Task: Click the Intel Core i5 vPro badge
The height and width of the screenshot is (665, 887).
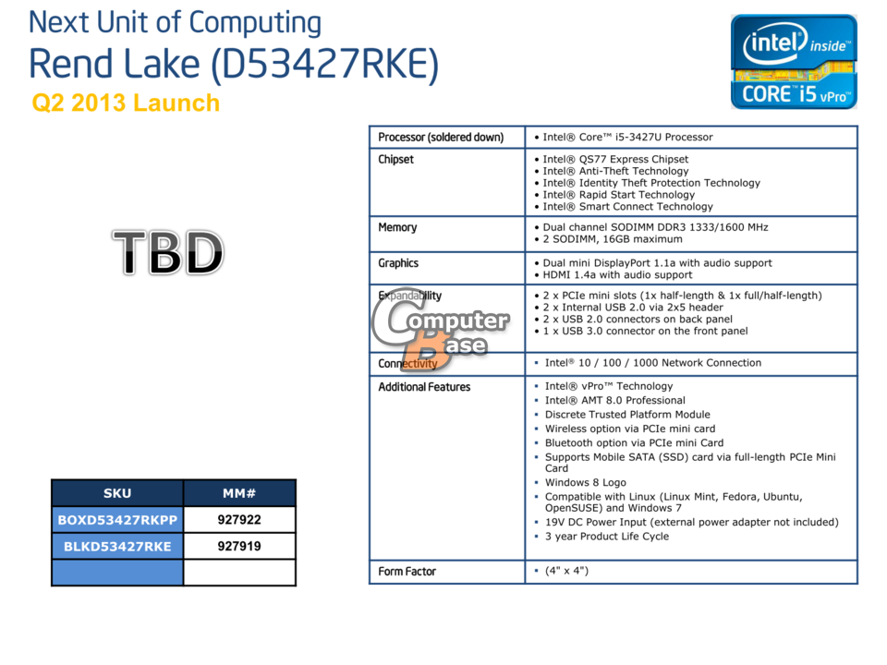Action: click(x=794, y=62)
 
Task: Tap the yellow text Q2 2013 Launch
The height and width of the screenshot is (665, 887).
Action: click(x=126, y=103)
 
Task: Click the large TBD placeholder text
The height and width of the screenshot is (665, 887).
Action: click(x=168, y=252)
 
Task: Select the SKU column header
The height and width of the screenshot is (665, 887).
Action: click(x=117, y=493)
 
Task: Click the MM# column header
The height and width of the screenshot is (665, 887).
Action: click(x=239, y=493)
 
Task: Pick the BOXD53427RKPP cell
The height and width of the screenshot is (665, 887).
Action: click(x=117, y=520)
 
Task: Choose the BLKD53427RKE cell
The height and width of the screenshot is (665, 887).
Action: click(x=117, y=546)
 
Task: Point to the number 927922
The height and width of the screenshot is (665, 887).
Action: click(x=239, y=520)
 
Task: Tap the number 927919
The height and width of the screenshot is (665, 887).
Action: click(x=239, y=546)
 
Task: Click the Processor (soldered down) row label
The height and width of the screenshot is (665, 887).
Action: click(x=441, y=138)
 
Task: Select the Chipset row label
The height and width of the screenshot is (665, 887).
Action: click(x=396, y=160)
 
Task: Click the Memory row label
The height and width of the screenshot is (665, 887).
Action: click(x=397, y=227)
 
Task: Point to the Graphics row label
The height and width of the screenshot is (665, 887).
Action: click(x=398, y=263)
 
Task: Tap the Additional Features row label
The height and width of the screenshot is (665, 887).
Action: click(x=424, y=387)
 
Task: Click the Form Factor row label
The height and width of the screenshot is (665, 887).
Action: click(x=407, y=571)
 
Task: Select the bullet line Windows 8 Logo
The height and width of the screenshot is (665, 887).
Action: click(x=586, y=482)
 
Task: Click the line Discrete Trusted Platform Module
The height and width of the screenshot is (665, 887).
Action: click(x=627, y=415)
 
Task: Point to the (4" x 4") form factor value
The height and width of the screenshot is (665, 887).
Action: click(x=566, y=571)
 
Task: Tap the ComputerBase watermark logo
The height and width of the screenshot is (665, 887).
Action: click(x=441, y=329)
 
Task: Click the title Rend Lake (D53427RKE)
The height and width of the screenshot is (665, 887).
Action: click(x=234, y=64)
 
